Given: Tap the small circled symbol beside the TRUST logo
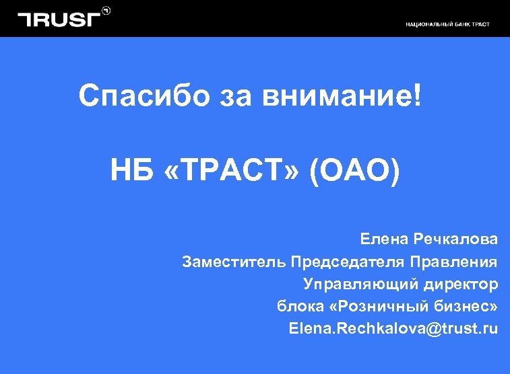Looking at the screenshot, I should (106, 11).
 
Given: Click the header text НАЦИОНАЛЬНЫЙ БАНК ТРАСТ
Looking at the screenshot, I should (447, 24).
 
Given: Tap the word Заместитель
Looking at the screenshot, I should (234, 261).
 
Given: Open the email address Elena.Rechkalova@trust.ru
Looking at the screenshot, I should (393, 329).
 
